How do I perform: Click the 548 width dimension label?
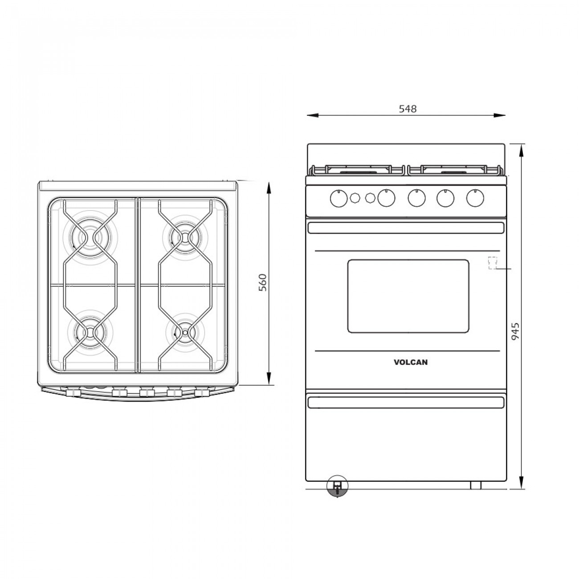point(408,109)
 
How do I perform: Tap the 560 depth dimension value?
point(263,282)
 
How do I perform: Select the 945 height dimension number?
point(515,332)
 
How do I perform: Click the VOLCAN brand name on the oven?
point(411,363)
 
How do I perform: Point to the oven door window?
point(408,296)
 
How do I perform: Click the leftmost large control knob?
point(339,198)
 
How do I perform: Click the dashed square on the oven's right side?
point(492,263)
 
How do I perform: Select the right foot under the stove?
point(476,485)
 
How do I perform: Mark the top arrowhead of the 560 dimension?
point(269,186)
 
